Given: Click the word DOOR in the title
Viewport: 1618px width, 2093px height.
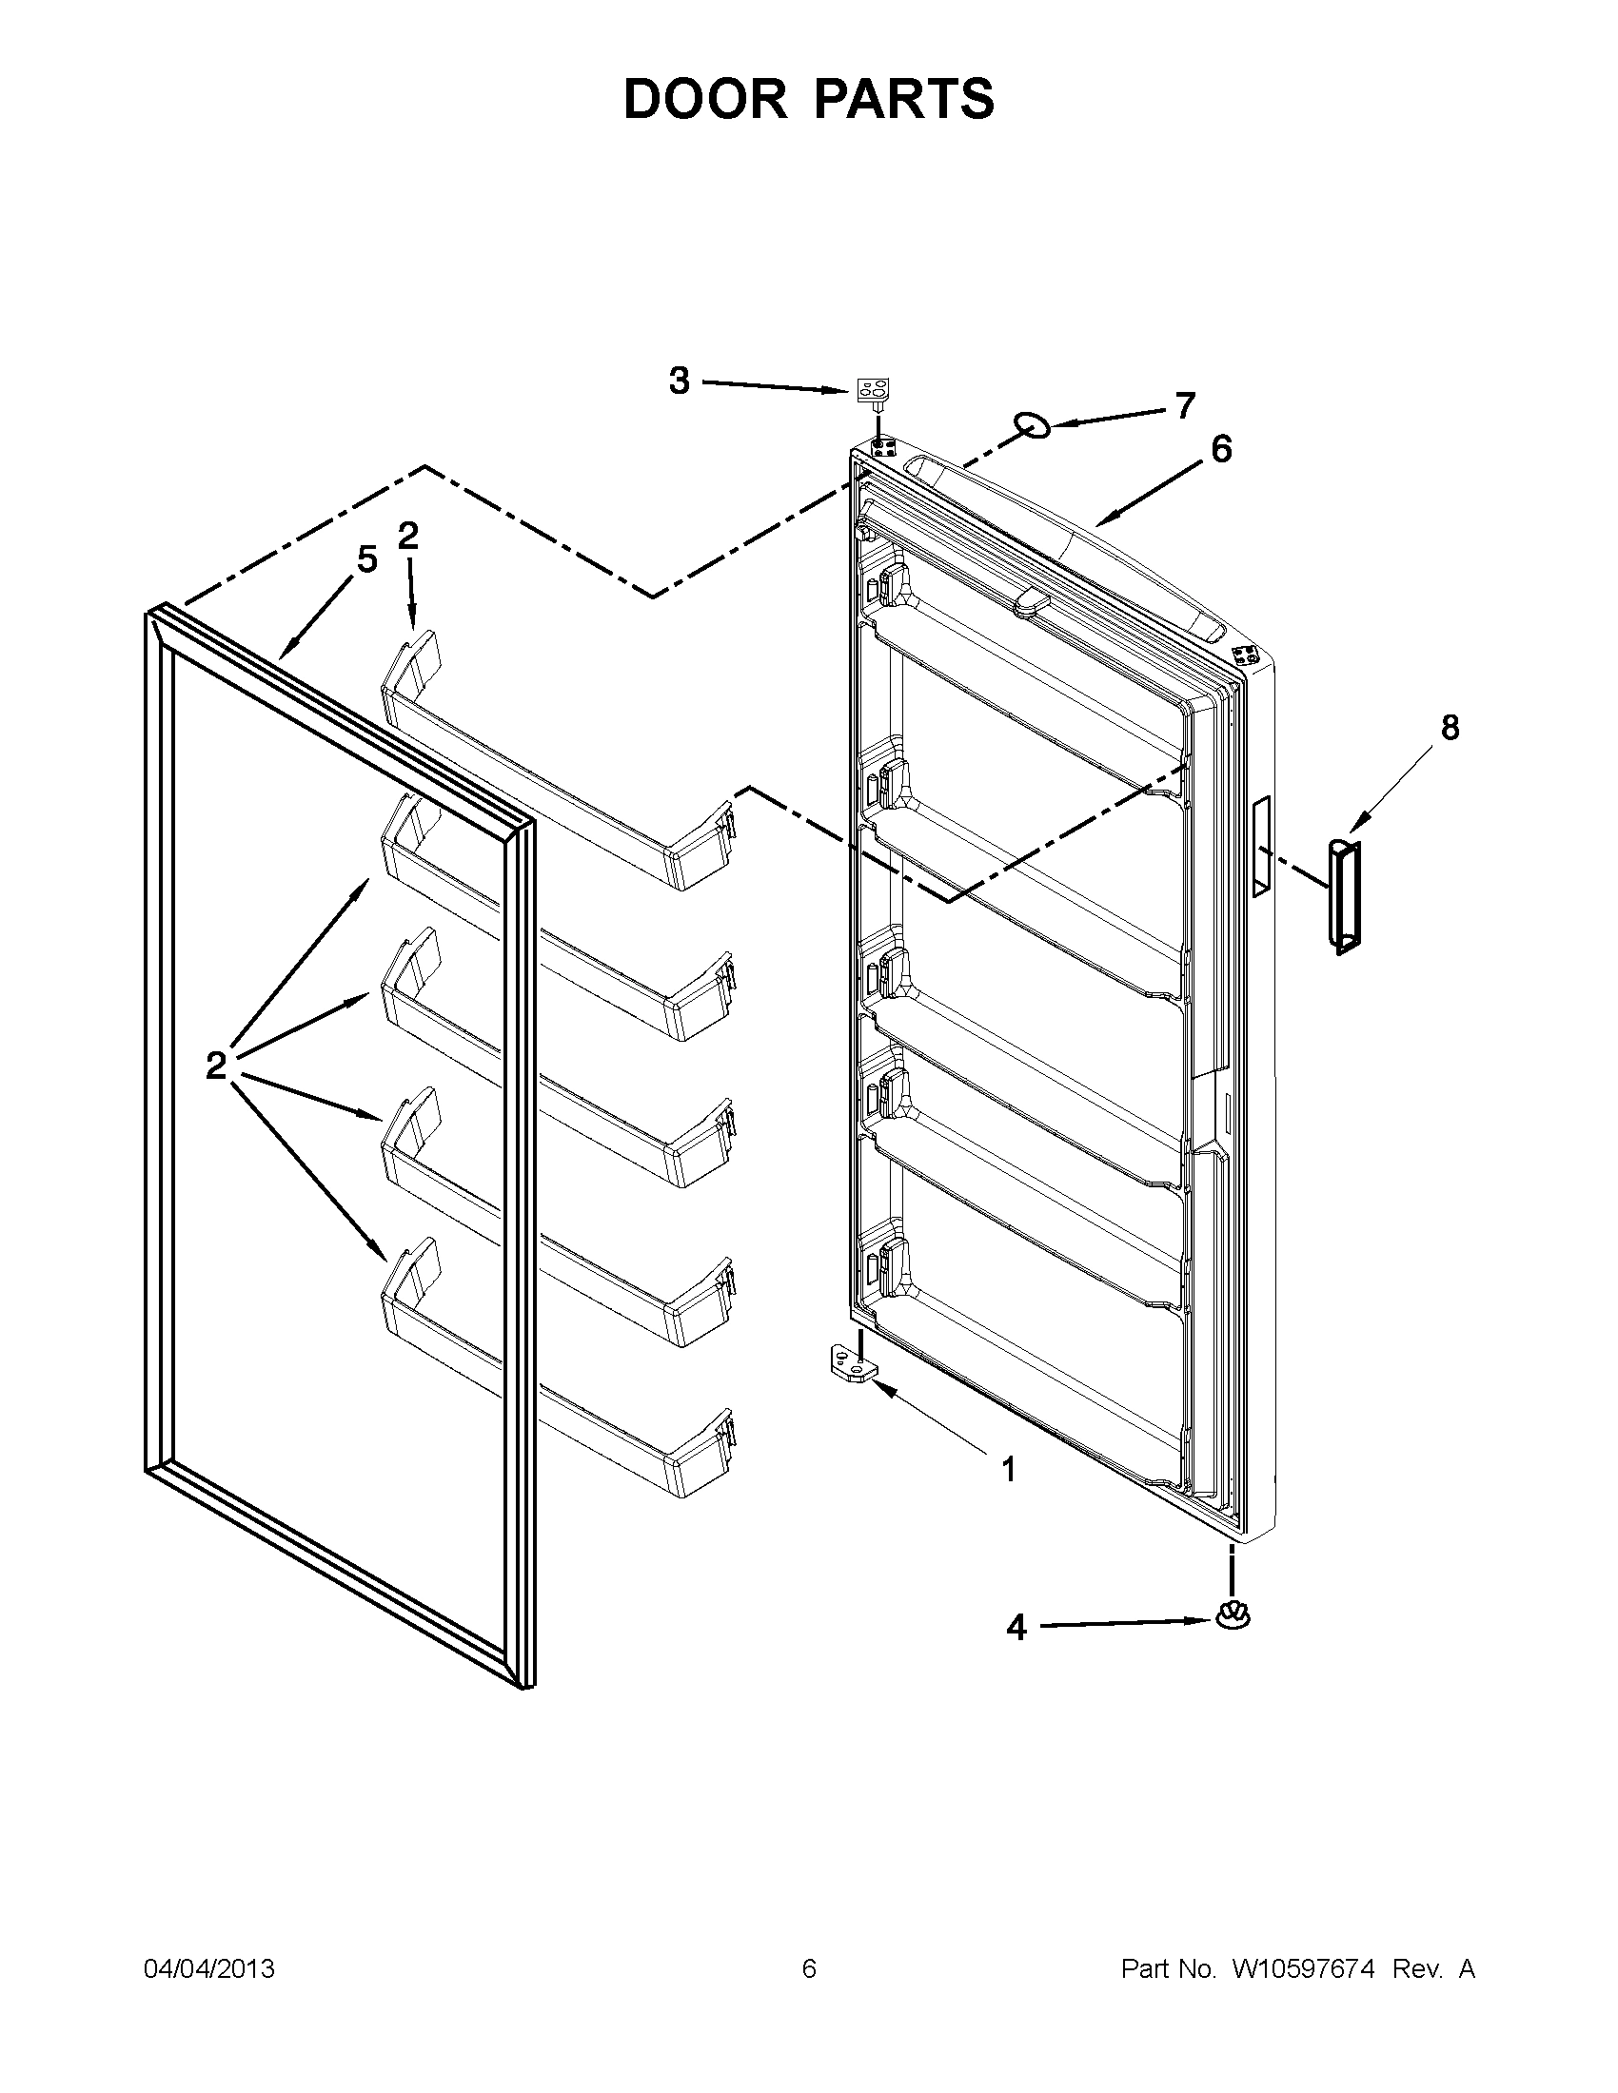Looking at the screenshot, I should coord(704,99).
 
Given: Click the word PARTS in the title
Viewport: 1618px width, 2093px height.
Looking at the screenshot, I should coord(906,99).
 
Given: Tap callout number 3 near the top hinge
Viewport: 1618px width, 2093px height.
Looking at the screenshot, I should coord(679,381).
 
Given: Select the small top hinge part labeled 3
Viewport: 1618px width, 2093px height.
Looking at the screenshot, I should coord(871,392).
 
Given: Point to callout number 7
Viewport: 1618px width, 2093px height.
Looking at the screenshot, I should coord(1186,406).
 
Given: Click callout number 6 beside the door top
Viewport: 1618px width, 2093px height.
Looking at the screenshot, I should coord(1221,448).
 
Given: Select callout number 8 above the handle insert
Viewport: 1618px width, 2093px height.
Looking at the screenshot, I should coord(1450,729).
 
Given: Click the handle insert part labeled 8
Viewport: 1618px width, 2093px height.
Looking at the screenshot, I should coord(1344,895).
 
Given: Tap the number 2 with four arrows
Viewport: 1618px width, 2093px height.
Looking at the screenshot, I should coord(216,1065).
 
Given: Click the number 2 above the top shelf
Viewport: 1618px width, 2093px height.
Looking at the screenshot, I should coord(408,537).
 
